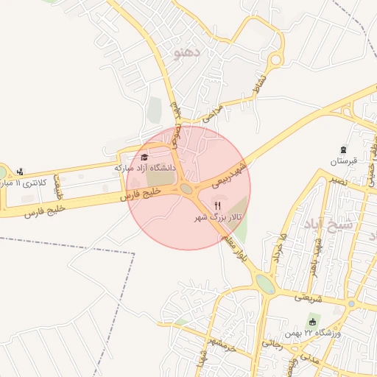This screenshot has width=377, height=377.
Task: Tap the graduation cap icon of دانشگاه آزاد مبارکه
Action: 144,157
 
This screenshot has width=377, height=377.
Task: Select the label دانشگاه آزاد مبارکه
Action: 145,168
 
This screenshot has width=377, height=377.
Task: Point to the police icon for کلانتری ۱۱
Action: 20,173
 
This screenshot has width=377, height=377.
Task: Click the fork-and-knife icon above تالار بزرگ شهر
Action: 217,205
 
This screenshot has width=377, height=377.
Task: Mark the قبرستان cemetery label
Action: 343,161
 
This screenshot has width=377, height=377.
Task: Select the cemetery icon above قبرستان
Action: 343,149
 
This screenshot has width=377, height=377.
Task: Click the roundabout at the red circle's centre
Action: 187,189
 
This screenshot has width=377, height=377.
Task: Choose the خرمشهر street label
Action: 221,342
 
